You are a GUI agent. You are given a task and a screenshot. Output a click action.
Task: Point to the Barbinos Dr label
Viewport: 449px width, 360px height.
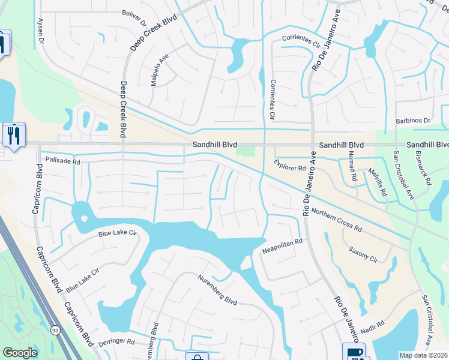[x=414, y=120]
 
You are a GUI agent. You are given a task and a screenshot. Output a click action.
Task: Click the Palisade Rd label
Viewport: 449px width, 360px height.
[x=62, y=161]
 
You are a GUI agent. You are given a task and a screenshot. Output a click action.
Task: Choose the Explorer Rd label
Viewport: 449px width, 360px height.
[x=290, y=166]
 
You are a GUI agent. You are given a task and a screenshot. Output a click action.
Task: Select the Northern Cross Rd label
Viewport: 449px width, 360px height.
[x=337, y=220]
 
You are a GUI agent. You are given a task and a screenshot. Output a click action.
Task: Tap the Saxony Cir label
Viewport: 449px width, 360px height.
[x=363, y=254]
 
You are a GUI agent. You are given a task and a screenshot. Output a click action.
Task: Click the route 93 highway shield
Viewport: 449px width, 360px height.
[x=55, y=330]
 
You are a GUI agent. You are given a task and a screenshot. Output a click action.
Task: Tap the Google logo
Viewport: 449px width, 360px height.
[x=20, y=353]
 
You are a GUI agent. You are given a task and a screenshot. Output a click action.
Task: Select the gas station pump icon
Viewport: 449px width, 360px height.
[x=354, y=352]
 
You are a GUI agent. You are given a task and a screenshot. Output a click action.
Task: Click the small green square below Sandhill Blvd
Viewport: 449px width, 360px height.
[x=246, y=151]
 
